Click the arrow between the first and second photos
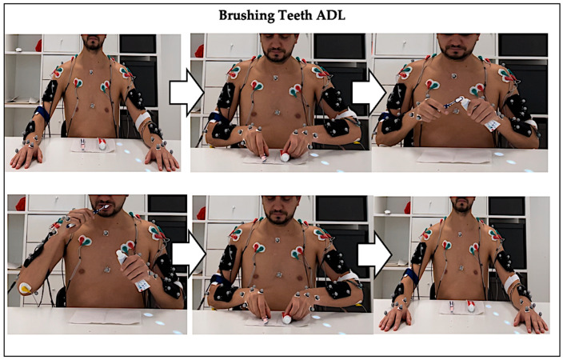[x=186, y=92]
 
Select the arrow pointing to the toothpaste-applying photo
[x=369, y=92]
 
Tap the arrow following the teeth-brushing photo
[x=190, y=254]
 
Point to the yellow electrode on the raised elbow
[x=25, y=287]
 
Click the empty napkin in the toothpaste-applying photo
[x=454, y=156]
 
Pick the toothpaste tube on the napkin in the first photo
[x=102, y=144]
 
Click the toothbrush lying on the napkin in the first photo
[x=83, y=144]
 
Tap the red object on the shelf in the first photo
[x=38, y=46]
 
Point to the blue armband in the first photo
[x=42, y=114]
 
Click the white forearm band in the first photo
[x=143, y=119]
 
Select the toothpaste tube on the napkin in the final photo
[x=471, y=306]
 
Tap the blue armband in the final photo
[x=410, y=276]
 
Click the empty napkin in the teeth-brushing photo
[x=106, y=317]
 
